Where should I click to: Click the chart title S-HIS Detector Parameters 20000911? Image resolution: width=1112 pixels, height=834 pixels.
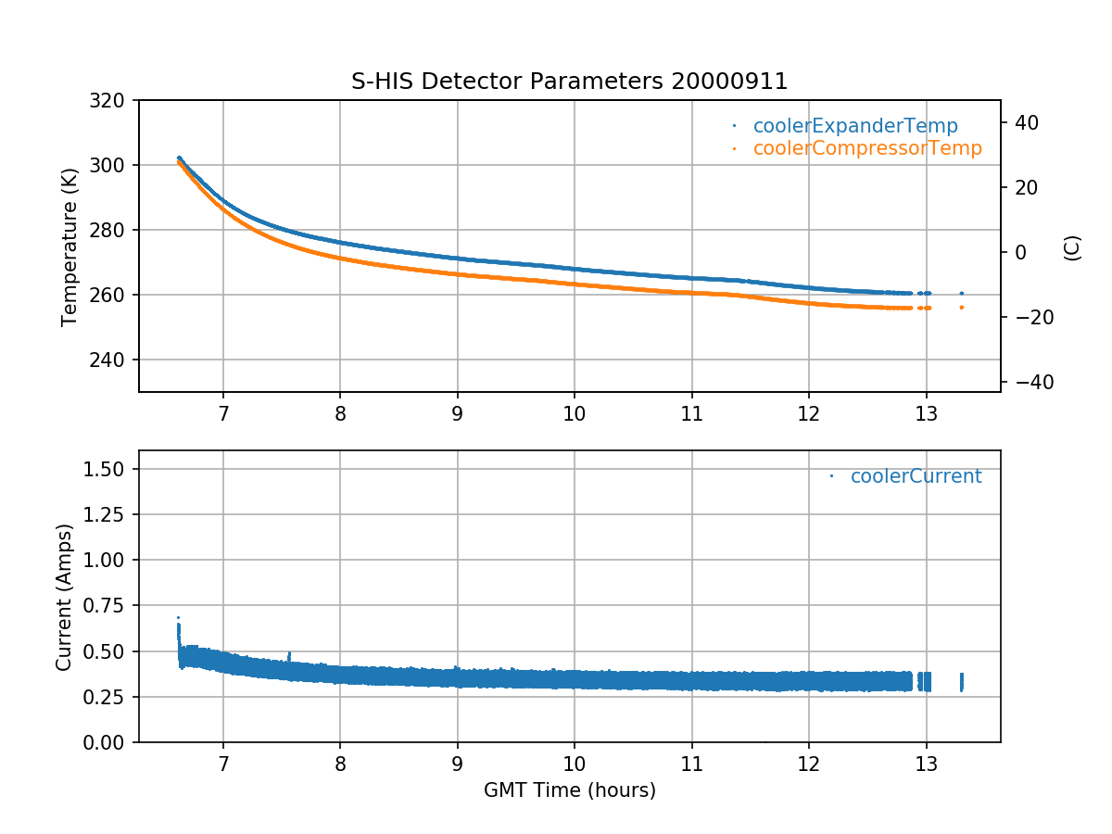569,82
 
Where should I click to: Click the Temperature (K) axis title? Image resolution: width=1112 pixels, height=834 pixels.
69,246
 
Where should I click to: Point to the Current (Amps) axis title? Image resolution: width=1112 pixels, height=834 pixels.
64,596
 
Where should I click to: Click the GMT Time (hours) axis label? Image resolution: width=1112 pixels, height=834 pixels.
569,790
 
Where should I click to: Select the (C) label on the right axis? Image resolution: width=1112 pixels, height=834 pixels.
1072,247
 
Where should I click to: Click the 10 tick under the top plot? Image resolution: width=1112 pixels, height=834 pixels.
574,413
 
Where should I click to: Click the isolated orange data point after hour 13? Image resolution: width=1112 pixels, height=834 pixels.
961,307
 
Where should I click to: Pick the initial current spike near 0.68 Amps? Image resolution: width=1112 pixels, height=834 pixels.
178,618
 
